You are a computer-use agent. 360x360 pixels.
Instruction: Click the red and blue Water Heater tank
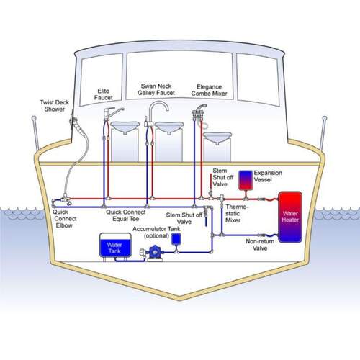tap(290, 217)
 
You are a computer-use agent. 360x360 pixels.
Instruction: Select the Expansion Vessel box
tap(246, 180)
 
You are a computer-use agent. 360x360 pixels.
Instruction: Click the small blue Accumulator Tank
tap(176, 239)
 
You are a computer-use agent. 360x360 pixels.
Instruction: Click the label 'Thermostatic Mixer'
tap(236, 213)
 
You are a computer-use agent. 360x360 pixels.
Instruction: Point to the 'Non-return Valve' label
tap(260, 245)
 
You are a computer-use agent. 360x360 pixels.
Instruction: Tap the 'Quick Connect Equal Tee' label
tap(126, 215)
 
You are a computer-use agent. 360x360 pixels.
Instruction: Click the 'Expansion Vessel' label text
tap(268, 176)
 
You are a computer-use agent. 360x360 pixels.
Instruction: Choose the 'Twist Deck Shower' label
tap(55, 106)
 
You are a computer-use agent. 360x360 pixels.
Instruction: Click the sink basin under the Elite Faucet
tap(125, 127)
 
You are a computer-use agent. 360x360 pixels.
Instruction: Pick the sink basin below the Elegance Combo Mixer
tap(217, 138)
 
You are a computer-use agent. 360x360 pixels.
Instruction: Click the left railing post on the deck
tap(35, 133)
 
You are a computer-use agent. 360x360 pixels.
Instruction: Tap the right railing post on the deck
tap(323, 133)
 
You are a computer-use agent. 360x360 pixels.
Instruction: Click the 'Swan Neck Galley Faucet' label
tap(156, 89)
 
